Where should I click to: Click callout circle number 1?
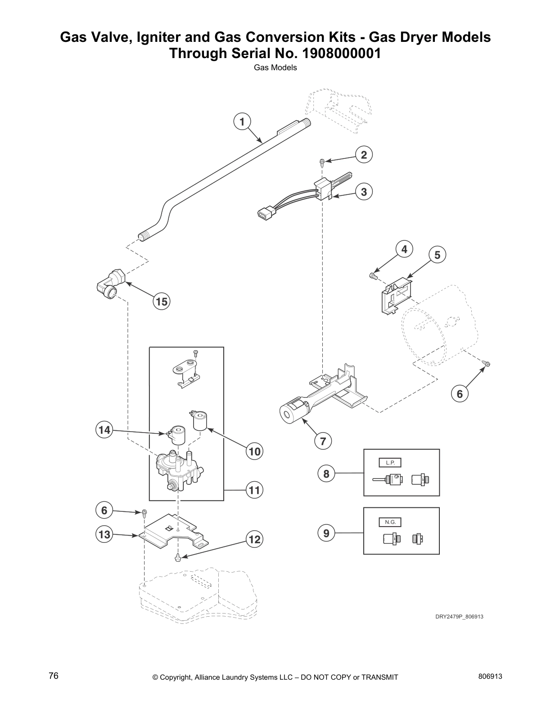pyautogui.click(x=242, y=122)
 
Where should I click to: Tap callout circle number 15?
pyautogui.click(x=162, y=301)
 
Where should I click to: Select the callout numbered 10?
pyautogui.click(x=254, y=451)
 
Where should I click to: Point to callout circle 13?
pyautogui.click(x=104, y=535)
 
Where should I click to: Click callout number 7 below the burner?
pyautogui.click(x=323, y=441)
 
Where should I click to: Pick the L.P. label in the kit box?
pyautogui.click(x=390, y=463)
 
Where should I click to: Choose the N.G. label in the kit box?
pyautogui.click(x=390, y=522)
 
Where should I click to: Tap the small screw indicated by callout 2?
pyautogui.click(x=322, y=162)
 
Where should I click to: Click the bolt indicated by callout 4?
pyautogui.click(x=373, y=276)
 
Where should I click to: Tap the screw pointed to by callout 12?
pyautogui.click(x=178, y=558)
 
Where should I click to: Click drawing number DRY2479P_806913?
pyautogui.click(x=459, y=617)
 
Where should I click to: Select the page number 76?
pyautogui.click(x=54, y=676)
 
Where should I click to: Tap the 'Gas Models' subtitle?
pyautogui.click(x=275, y=68)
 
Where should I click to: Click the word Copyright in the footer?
pyautogui.click(x=177, y=677)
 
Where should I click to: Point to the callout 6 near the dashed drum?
pyautogui.click(x=460, y=394)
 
